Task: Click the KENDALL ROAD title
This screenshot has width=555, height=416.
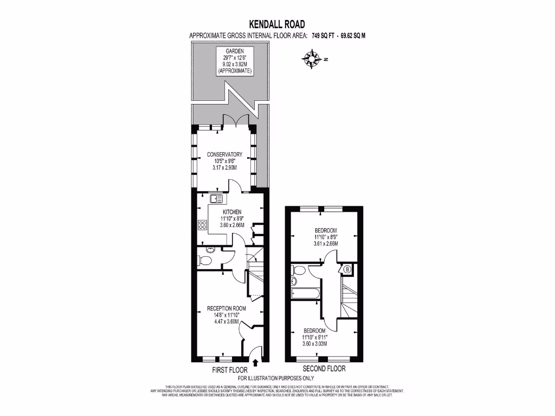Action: click(277, 24)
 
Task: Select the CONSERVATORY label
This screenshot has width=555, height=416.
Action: click(224, 154)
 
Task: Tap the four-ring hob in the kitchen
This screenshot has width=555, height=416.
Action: click(203, 224)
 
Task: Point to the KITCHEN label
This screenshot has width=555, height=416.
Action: click(228, 212)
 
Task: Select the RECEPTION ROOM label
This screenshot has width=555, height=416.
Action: click(226, 308)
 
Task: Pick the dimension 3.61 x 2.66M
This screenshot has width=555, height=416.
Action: click(325, 244)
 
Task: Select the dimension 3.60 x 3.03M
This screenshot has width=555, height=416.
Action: click(314, 344)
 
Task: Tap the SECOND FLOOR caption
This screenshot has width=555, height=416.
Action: click(324, 369)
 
